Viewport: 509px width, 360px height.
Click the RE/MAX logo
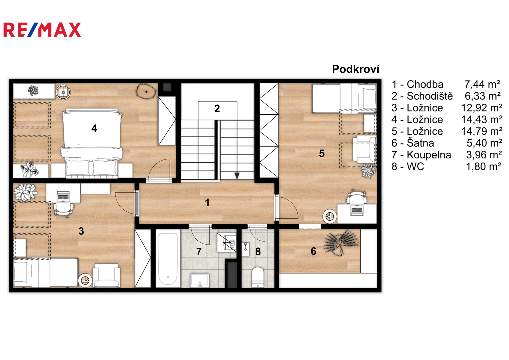[42, 30]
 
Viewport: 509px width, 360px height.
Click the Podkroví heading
[356, 69]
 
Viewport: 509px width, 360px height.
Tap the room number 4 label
[94, 128]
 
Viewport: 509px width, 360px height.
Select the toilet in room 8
[257, 277]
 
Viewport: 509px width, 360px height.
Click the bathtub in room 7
[168, 259]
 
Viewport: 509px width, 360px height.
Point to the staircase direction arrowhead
[237, 176]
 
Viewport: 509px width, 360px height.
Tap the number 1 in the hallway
[207, 203]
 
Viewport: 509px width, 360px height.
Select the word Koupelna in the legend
[429, 155]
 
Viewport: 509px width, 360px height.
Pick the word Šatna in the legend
[420, 143]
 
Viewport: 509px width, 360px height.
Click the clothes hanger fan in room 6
[341, 243]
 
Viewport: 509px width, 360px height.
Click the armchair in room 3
[106, 275]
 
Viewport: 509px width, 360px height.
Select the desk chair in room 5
[357, 197]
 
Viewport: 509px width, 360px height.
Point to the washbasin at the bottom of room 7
[200, 280]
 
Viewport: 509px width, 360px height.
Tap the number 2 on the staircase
[217, 108]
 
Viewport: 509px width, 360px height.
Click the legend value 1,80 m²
[484, 167]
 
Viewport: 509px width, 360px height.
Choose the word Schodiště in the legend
[430, 96]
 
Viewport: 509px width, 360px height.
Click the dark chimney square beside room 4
[167, 87]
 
